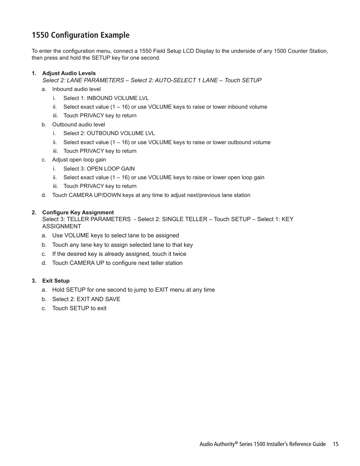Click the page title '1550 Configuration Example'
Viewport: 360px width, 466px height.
(x=80, y=35)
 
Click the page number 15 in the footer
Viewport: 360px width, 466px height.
(x=335, y=444)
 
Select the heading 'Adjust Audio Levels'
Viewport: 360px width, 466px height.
(x=69, y=73)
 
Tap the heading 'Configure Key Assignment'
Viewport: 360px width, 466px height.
(x=78, y=212)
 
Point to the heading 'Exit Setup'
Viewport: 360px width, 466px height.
(x=56, y=281)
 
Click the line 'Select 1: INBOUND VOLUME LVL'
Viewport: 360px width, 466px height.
(x=106, y=98)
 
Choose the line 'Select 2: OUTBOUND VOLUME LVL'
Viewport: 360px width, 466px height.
(x=109, y=133)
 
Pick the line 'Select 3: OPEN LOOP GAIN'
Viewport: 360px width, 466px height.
(x=99, y=169)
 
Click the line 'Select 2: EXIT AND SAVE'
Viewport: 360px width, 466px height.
(x=86, y=299)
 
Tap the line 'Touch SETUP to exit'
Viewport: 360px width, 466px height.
(x=79, y=308)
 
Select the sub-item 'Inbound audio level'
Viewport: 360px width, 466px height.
(x=76, y=89)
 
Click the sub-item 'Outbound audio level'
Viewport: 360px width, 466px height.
(x=78, y=125)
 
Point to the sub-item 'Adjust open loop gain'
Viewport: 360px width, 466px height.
(x=79, y=160)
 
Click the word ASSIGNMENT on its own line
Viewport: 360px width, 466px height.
(x=62, y=226)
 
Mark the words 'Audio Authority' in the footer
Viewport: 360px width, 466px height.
(x=217, y=444)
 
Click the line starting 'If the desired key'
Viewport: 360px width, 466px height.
(x=119, y=254)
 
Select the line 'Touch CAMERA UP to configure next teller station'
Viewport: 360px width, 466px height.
(x=117, y=263)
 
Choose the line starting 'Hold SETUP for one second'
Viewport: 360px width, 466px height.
(x=133, y=290)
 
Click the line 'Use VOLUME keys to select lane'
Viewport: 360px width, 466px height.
(x=115, y=235)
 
